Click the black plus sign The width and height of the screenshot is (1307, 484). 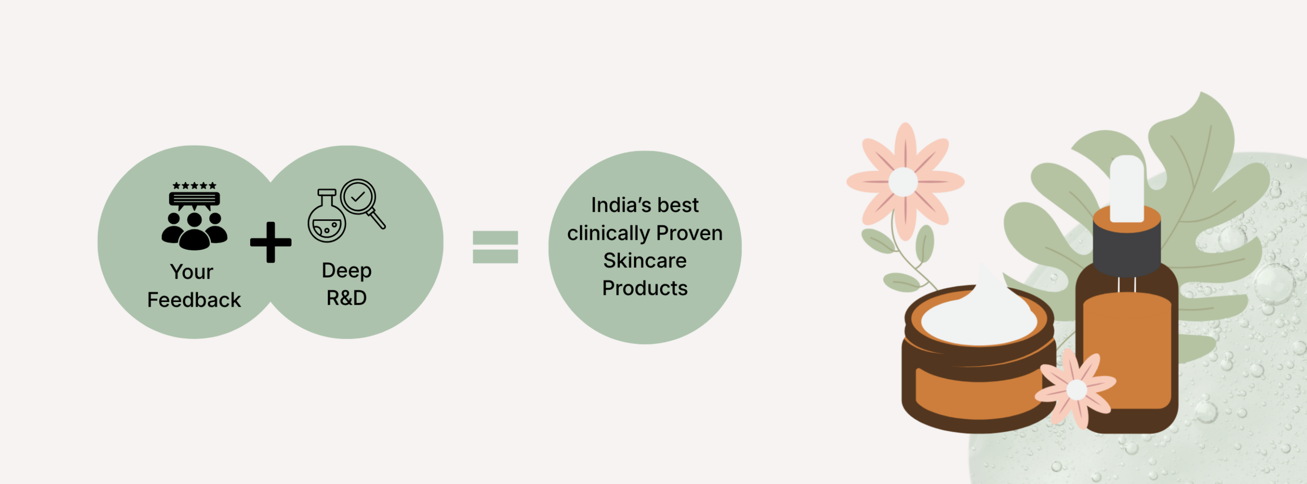pos(271,242)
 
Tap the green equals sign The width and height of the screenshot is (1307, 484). pos(495,247)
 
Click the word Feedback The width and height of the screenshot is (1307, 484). pos(194,300)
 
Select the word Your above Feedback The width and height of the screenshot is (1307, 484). pos(191,272)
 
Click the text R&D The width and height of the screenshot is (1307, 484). pos(347,298)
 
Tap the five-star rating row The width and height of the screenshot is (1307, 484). pos(195,186)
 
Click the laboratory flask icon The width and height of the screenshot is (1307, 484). pos(327,216)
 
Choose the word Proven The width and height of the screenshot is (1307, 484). pos(690,233)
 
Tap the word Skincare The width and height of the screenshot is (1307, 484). pos(645,261)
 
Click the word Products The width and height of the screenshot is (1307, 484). pos(645,288)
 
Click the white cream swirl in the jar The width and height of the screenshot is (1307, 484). pos(979,314)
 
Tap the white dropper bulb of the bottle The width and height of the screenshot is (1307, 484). pos(1127,188)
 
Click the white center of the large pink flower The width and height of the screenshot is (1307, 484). pos(903,182)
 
